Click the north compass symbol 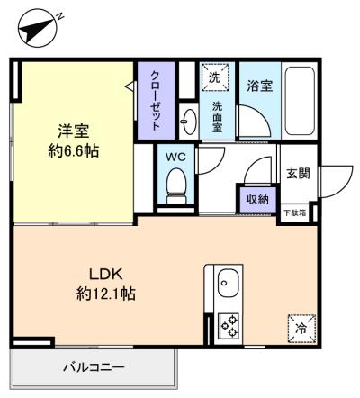pos(37,29)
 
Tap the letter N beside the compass pos(60,15)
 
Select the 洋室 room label pos(74,131)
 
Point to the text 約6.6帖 pos(74,150)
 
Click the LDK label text pos(106,274)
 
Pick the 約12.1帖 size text pos(106,294)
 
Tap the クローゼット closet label pos(156,100)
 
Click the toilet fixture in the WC pos(176,185)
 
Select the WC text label pos(176,157)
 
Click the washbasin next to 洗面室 pos(189,122)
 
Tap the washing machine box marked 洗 pos(215,77)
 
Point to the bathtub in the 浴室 pos(300,101)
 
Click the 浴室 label pos(260,86)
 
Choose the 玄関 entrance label pos(298,174)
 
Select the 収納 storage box pos(257,199)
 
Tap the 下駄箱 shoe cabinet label pos(295,213)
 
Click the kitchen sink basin pos(229,283)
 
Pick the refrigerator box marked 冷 pos(301,329)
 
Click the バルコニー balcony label pos(94,366)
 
